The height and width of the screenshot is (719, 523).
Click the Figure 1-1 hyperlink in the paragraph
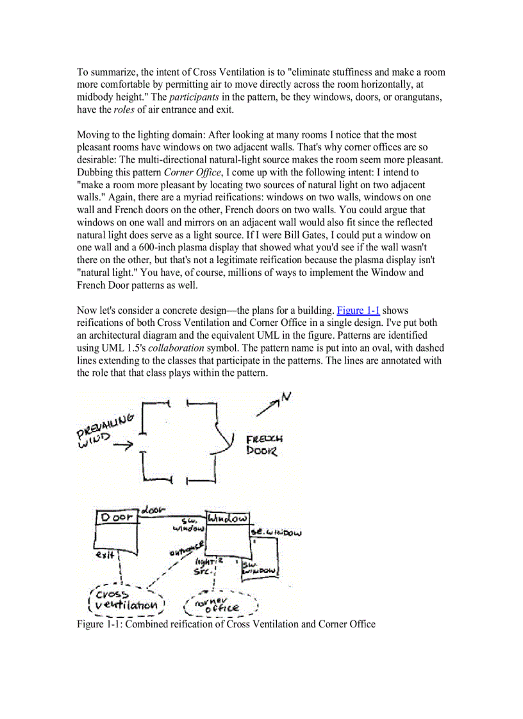358,311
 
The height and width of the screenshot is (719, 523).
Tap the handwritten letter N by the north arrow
286,398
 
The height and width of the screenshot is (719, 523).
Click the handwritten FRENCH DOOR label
263,445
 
